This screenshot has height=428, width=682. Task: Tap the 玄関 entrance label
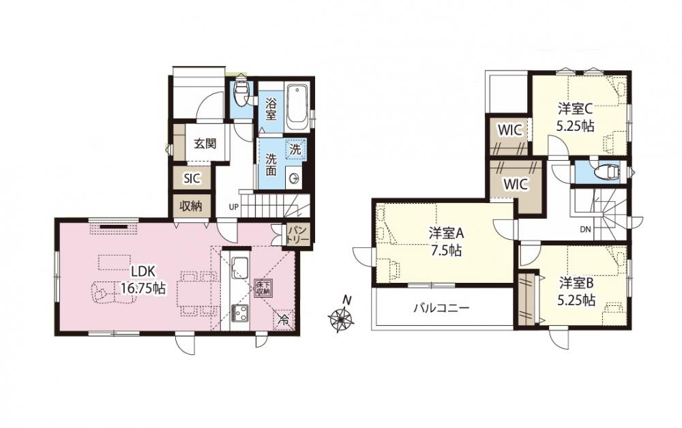(x=205, y=143)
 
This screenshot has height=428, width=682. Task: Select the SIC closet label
(x=192, y=178)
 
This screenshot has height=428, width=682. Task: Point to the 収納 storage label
(x=191, y=206)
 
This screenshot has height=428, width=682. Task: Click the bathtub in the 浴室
(x=297, y=106)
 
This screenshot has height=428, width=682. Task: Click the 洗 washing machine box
(x=295, y=150)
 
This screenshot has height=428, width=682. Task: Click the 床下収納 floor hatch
(x=263, y=288)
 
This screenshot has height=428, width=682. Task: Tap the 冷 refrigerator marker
(x=283, y=321)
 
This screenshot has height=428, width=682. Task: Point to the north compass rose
(x=341, y=317)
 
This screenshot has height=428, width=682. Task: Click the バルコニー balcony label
(x=441, y=309)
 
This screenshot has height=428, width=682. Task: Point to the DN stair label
(x=584, y=230)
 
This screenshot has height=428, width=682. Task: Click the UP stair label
(x=233, y=207)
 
